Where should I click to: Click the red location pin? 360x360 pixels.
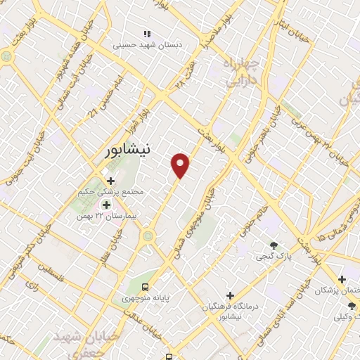click(181, 165)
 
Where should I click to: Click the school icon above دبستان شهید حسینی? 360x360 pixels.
click(147, 33)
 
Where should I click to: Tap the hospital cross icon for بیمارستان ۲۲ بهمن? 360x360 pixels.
click(106, 205)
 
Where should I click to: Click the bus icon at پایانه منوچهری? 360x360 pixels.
click(145, 286)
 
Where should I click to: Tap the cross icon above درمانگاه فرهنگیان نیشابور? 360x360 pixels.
click(231, 295)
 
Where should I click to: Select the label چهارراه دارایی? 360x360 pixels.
click(242, 73)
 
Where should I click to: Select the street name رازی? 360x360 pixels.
click(32, 285)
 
